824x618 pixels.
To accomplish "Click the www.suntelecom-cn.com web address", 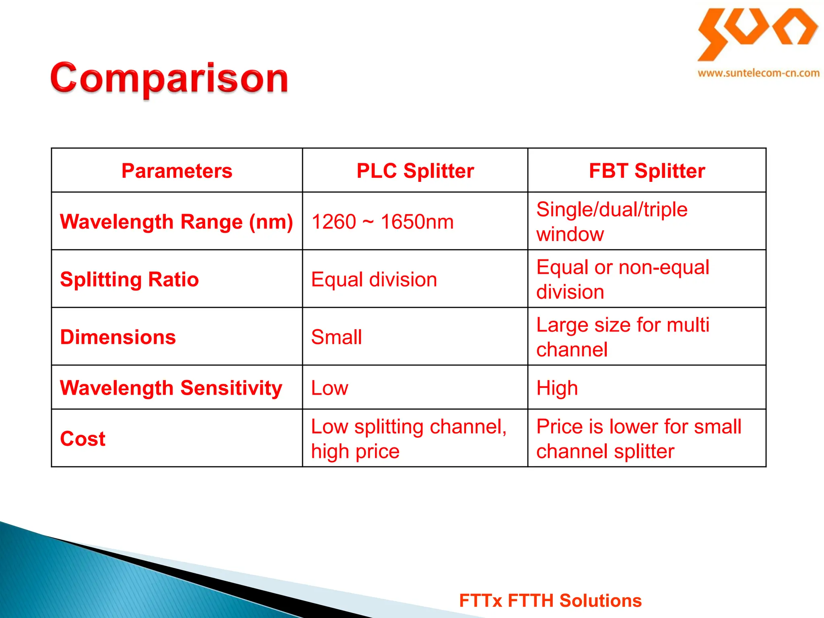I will pyautogui.click(x=758, y=73).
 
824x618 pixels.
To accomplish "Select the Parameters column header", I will pyautogui.click(x=177, y=171).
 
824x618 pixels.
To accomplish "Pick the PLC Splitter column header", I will pyautogui.click(x=415, y=171).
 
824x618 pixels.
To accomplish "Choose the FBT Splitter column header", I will pyautogui.click(x=647, y=171).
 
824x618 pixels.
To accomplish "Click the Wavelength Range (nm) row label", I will pyautogui.click(x=176, y=222).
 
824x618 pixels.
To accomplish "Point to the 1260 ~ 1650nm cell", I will pyautogui.click(x=382, y=222).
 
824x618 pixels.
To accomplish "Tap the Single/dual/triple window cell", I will pyautogui.click(x=612, y=222).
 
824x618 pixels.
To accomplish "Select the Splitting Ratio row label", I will pyautogui.click(x=129, y=279).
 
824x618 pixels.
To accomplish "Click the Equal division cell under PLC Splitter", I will pyautogui.click(x=374, y=279).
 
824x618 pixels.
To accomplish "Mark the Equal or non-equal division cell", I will pyautogui.click(x=622, y=279).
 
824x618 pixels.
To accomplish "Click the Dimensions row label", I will pyautogui.click(x=118, y=337).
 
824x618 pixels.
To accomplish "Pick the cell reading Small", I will pyautogui.click(x=336, y=337).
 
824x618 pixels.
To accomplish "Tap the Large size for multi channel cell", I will pyautogui.click(x=622, y=337).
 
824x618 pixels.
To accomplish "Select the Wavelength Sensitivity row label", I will pyautogui.click(x=171, y=388).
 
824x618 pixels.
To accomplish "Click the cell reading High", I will pyautogui.click(x=557, y=388).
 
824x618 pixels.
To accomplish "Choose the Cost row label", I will pyautogui.click(x=82, y=439).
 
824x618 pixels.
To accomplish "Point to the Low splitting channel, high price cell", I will pyautogui.click(x=408, y=439).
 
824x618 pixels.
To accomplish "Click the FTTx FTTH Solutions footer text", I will pyautogui.click(x=550, y=600).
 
